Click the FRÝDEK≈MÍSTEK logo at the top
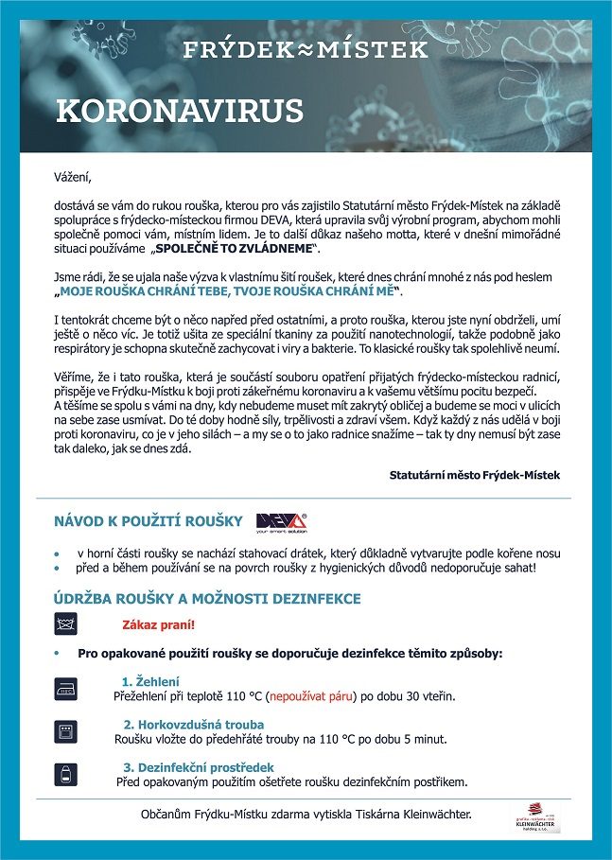pos(306,48)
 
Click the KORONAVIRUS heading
pos(180,111)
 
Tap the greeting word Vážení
pos(74,176)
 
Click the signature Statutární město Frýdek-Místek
pos(474,474)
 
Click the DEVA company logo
pos(281,523)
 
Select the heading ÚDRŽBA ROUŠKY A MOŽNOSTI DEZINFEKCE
pos(207,599)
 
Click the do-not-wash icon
pos(65,624)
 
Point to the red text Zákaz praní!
pos(159,625)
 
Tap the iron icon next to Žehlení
pos(65,689)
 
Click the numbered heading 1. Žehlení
pos(150,681)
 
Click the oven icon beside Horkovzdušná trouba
pos(65,730)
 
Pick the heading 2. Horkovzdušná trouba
pos(184,724)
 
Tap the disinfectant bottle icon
pos(65,773)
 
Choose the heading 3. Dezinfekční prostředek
pos(198,766)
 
